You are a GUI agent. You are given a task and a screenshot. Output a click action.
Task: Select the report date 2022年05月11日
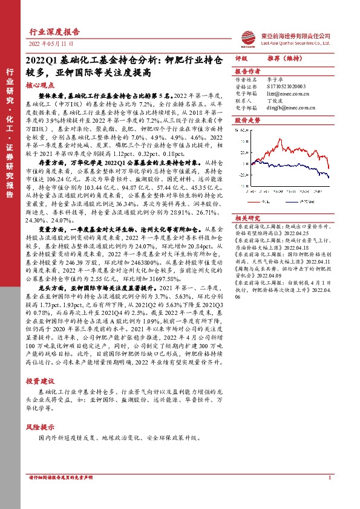(51, 45)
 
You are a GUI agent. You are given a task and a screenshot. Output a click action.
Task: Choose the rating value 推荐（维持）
(281, 59)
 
